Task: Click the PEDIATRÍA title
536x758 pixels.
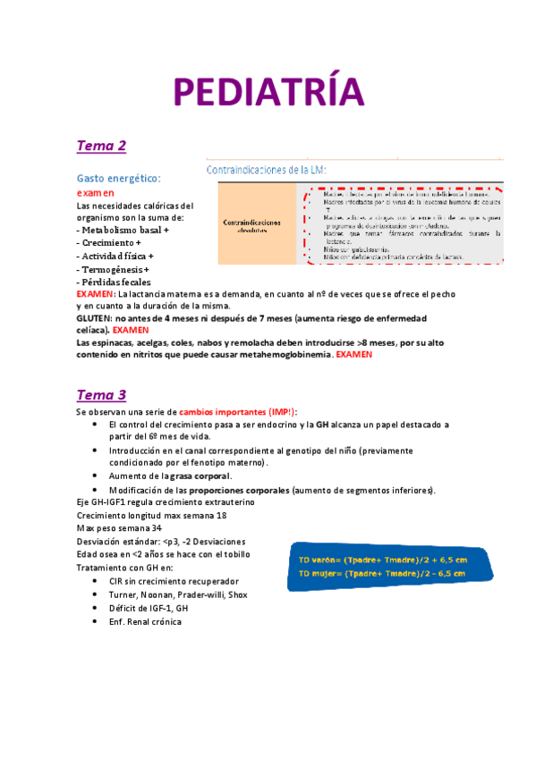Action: coord(269,93)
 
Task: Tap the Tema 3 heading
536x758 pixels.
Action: coord(101,394)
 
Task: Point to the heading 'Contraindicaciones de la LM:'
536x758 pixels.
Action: coord(267,169)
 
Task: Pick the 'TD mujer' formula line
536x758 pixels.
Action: coord(382,573)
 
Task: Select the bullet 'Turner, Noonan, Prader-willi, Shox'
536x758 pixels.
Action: coord(178,594)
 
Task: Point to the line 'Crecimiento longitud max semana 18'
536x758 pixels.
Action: coord(151,515)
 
